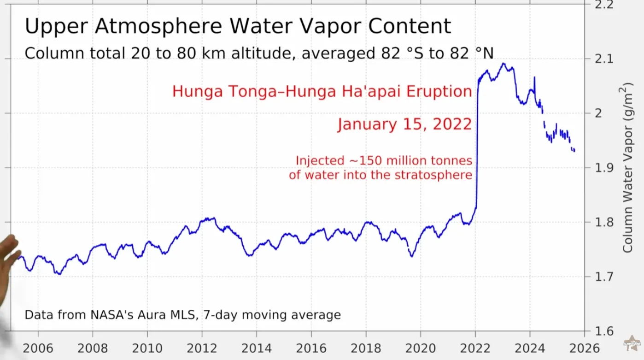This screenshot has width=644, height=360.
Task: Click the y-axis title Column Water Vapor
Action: (628, 168)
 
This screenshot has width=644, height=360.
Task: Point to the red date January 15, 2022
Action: (404, 124)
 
